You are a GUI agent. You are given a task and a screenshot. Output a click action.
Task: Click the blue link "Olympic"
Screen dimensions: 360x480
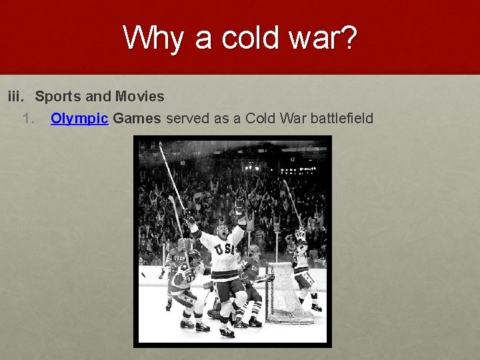coord(79,119)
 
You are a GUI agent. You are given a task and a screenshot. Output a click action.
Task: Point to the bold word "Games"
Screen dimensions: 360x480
coord(137,119)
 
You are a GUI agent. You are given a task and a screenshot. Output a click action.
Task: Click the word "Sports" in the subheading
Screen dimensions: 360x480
coord(58,97)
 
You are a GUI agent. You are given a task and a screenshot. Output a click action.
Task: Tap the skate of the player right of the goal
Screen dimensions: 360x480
coord(316,307)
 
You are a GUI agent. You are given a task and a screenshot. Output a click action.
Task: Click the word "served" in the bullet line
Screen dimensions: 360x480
coord(185,119)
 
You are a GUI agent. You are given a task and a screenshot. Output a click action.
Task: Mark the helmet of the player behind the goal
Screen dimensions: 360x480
coord(253,251)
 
